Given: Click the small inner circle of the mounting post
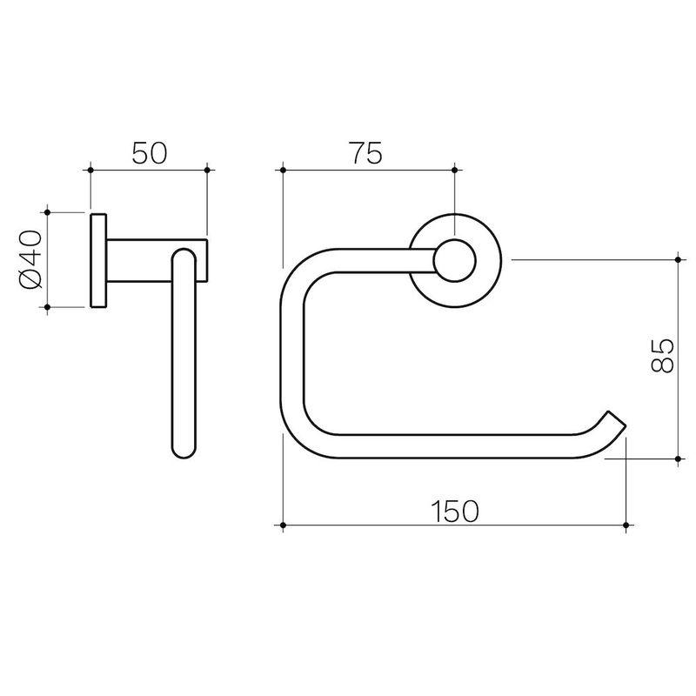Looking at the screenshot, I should (455, 260).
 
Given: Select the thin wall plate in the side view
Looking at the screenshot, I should (97, 259).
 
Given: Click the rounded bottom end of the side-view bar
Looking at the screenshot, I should (183, 448).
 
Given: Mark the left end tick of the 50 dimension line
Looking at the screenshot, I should (90, 169).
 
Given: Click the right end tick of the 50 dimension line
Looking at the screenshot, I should (207, 169).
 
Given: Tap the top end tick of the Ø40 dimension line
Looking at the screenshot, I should (49, 211).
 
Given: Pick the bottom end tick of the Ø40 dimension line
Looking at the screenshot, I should (49, 307).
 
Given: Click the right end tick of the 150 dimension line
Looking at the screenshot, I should (626, 525).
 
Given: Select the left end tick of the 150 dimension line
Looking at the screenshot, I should (284, 525).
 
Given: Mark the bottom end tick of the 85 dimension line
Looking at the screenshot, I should (678, 458).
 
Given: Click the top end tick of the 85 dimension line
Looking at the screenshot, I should (678, 259).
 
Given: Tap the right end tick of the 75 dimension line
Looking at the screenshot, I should (455, 169).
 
